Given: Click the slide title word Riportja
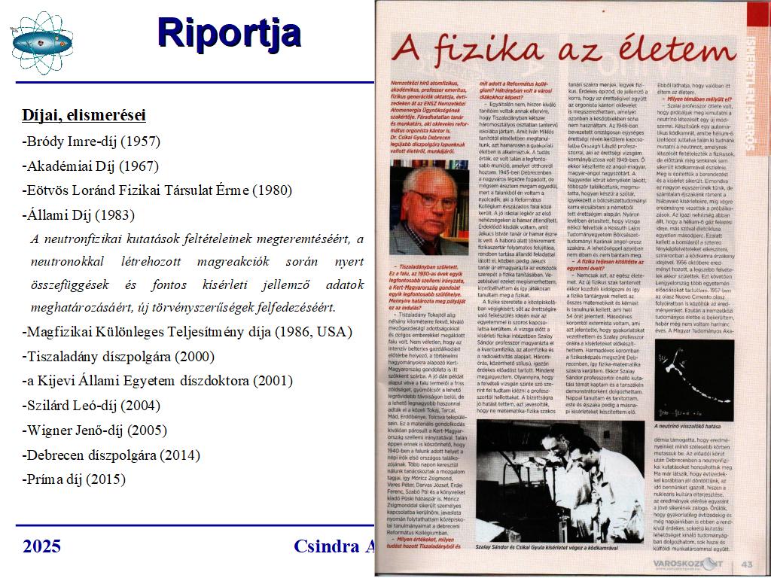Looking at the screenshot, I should pos(230,32).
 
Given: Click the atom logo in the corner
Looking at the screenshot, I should pos(41,41).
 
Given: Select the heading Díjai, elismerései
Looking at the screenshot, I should pos(84,115).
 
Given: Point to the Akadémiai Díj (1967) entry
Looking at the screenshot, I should pos(90,166).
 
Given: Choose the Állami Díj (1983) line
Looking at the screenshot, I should pos(78,214).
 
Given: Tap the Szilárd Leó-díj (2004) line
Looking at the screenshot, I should pos(91,405).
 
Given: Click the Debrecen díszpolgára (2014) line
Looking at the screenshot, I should pos(111,455).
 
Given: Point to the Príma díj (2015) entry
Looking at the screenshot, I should pos(74,479).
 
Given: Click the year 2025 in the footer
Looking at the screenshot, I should pos(41,546).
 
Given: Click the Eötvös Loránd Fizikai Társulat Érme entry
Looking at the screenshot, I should pos(157,190).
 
